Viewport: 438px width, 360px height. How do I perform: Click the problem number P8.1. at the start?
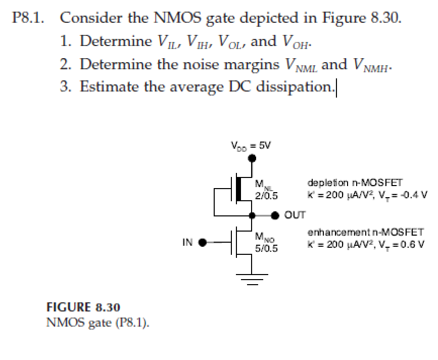point(28,19)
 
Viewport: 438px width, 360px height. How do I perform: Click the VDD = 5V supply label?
point(251,146)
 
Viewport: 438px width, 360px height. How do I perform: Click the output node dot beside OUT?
point(275,215)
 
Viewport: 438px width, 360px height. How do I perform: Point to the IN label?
point(187,242)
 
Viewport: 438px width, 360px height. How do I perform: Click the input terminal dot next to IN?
point(202,242)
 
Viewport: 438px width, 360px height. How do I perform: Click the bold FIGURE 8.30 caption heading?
point(83,307)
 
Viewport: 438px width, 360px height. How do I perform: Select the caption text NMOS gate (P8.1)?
point(98,322)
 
